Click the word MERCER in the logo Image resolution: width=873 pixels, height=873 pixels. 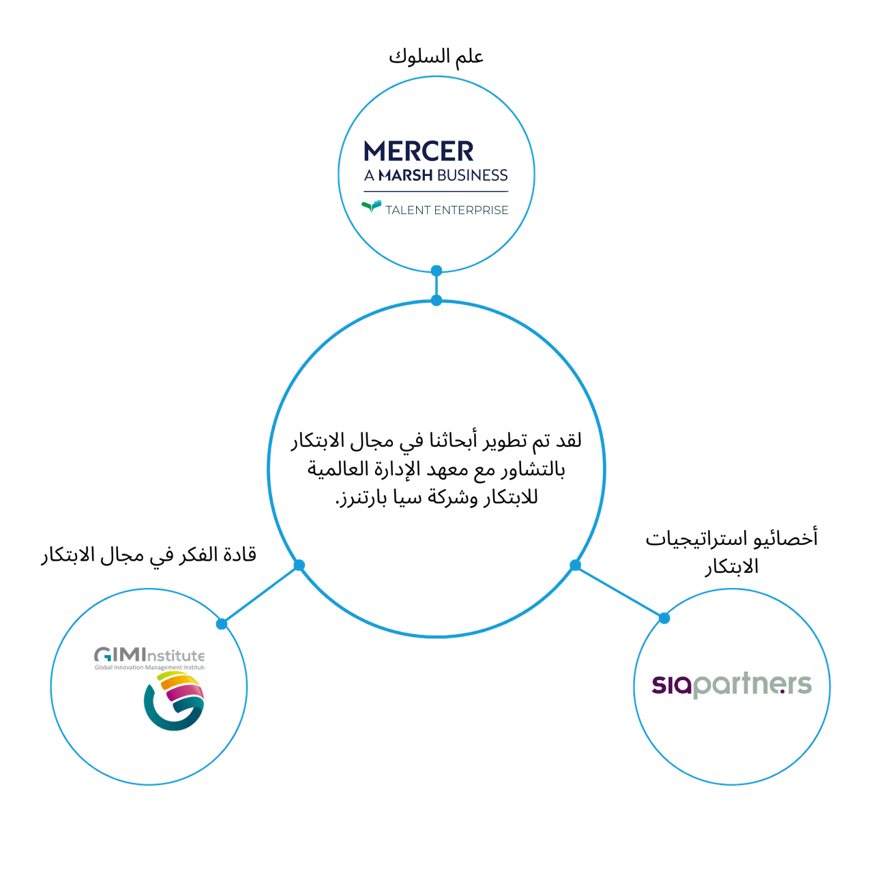(x=419, y=151)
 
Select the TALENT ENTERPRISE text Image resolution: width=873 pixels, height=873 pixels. (x=447, y=209)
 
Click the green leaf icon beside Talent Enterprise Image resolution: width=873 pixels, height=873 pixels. (x=372, y=207)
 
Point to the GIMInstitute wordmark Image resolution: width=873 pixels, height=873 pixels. (x=149, y=656)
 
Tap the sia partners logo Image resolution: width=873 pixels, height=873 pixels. (x=732, y=685)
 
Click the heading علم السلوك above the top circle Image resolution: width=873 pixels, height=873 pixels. (x=436, y=57)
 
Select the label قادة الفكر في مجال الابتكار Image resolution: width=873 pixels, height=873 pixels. (x=148, y=555)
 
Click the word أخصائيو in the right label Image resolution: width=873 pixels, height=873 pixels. (x=793, y=538)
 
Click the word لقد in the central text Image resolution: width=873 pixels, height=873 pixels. (x=567, y=441)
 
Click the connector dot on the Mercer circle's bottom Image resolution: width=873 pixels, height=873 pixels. (x=436, y=271)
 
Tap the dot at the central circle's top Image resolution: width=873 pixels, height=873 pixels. (x=436, y=300)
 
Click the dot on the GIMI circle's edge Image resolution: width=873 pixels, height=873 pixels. (x=221, y=623)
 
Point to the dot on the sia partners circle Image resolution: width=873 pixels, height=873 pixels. (x=664, y=618)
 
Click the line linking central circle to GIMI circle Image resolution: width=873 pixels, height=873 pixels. (x=260, y=594)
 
